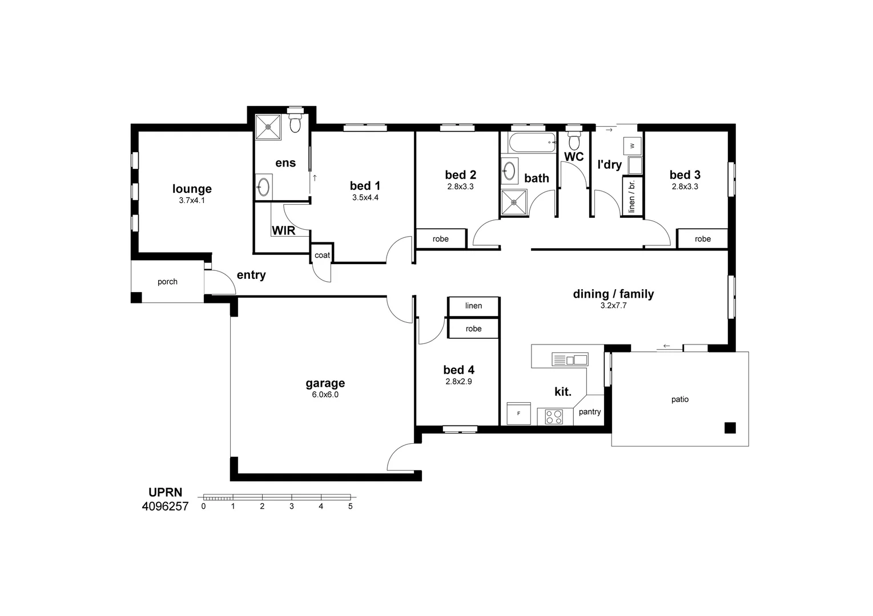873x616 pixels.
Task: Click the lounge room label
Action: coord(192,189)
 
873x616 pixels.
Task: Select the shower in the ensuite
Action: coord(268,127)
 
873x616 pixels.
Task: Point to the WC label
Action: coord(574,156)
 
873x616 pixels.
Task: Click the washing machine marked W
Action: coord(632,146)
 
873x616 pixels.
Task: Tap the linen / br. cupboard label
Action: coord(631,196)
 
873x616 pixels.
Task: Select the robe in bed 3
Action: coord(703,238)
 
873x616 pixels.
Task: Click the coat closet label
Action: coord(323,255)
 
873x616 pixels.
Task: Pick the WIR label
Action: coord(283,230)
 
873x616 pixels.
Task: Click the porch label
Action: coord(168,282)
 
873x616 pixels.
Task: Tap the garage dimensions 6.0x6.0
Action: coord(325,395)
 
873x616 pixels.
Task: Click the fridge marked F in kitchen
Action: coord(519,414)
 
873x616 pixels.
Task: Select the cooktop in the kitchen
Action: coord(554,416)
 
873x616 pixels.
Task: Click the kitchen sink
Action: coord(570,359)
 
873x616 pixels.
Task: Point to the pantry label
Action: coord(590,412)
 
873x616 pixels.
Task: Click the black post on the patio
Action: coord(730,428)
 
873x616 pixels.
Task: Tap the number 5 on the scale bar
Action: coord(351,506)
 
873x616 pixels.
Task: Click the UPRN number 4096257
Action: coord(165,506)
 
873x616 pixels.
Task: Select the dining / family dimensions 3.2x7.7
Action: coord(613,306)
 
